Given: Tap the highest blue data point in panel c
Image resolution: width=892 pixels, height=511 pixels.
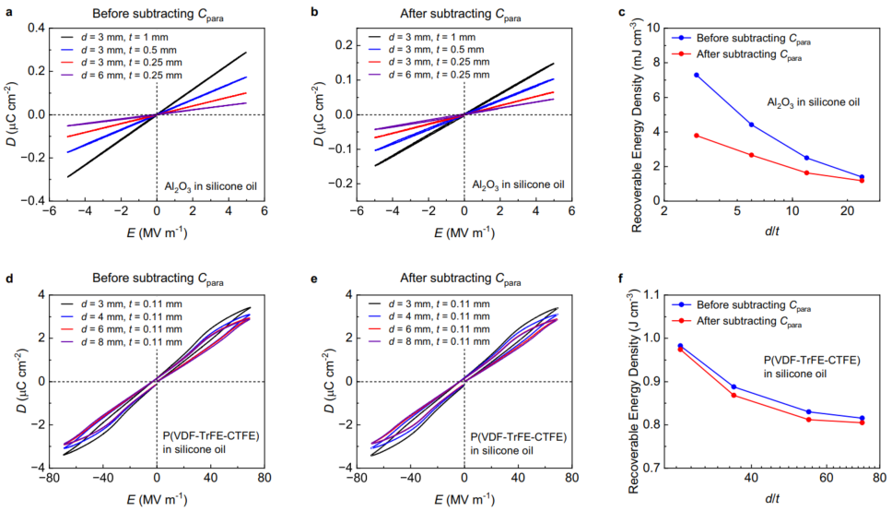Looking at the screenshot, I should (696, 75).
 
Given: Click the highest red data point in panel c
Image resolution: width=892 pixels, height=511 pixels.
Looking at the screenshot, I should (696, 136).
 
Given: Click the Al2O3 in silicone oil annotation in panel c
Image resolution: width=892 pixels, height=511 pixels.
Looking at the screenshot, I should (815, 101).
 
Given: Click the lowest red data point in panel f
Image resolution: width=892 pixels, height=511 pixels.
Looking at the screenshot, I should (862, 422).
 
